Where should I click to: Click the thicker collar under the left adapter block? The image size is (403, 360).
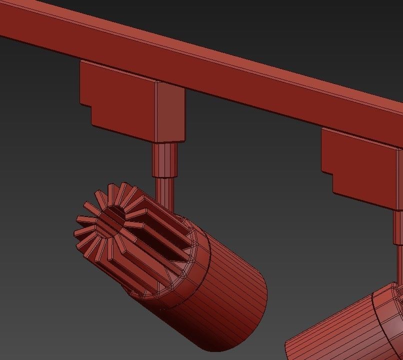pyautogui.click(x=164, y=159)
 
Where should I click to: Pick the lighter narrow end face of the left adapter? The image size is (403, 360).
pyautogui.click(x=170, y=112)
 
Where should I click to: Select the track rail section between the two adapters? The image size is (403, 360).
pyautogui.click(x=250, y=90)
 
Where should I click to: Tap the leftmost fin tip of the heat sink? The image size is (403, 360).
pyautogui.click(x=76, y=233)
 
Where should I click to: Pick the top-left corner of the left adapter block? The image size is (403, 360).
pyautogui.click(x=81, y=62)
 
